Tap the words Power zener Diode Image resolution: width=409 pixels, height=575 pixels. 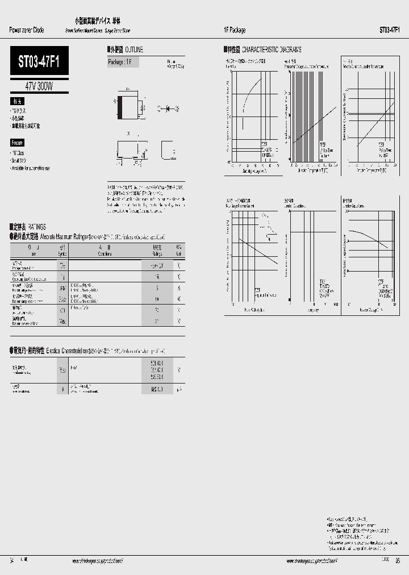click(x=27, y=30)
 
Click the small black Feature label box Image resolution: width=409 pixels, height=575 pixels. click(x=17, y=143)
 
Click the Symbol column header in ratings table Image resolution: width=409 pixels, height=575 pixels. click(x=62, y=251)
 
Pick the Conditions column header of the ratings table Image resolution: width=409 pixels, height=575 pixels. click(x=105, y=251)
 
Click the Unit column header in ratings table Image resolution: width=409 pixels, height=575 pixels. click(x=179, y=251)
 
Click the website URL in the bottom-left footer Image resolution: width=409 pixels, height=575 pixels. click(x=98, y=560)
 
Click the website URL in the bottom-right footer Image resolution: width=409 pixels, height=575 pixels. click(x=313, y=560)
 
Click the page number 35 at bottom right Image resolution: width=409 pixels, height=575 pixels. click(x=397, y=560)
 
